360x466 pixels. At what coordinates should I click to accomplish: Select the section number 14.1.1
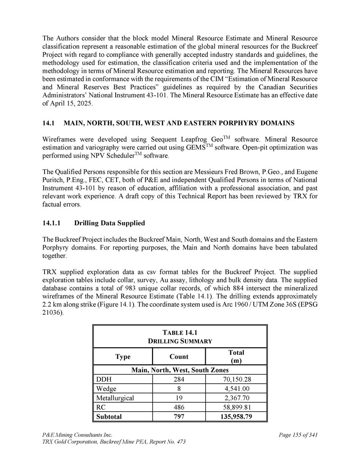point(52,223)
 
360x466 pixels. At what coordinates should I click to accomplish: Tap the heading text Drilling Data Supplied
point(110,223)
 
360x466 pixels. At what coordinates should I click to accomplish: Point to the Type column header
point(123,357)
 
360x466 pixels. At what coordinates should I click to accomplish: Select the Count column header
point(179,357)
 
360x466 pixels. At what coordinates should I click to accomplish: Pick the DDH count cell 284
point(179,379)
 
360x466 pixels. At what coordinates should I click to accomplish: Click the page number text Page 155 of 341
point(298,435)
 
